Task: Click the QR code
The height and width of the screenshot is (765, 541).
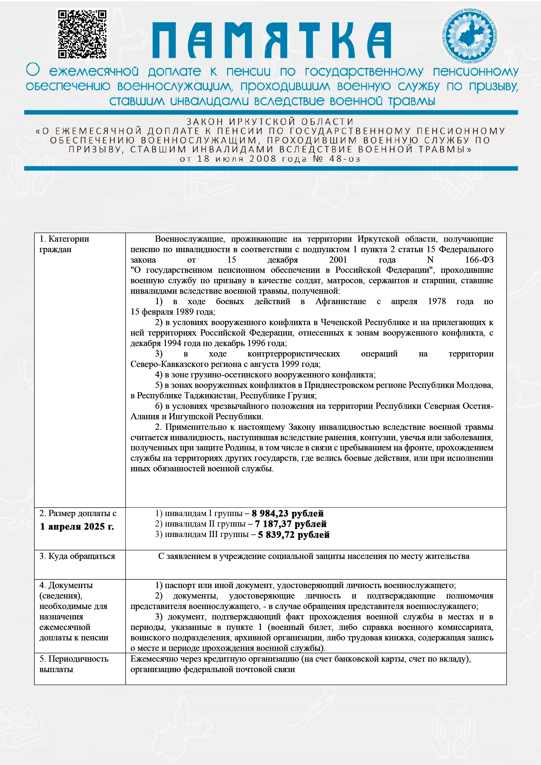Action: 82,34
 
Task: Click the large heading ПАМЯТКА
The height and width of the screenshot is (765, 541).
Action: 271,41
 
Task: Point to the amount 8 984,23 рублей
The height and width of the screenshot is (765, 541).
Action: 288,513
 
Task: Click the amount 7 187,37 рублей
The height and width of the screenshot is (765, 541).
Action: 290,524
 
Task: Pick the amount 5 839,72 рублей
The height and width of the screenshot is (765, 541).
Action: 293,534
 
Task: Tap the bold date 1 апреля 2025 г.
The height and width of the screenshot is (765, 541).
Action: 77,527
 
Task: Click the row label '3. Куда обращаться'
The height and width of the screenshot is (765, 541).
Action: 77,556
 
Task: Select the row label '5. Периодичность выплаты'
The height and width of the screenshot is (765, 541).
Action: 74,664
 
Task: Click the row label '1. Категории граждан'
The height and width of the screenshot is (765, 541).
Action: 64,244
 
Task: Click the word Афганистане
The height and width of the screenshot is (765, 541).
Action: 340,301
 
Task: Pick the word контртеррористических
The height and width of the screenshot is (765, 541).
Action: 293,354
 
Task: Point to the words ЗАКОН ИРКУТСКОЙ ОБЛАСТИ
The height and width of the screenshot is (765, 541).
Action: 270,122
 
